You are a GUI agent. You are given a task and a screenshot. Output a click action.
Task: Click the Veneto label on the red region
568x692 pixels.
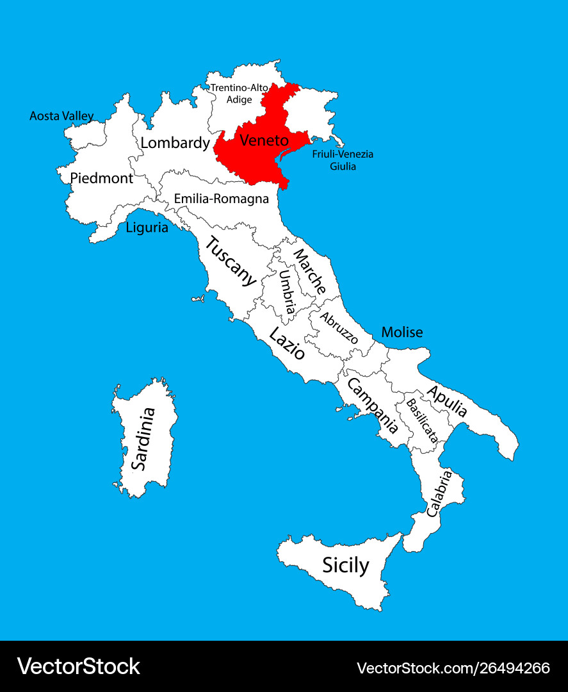[264, 139]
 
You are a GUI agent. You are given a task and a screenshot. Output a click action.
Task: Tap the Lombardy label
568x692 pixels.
[175, 142]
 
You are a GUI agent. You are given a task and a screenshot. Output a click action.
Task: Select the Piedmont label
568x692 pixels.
[101, 178]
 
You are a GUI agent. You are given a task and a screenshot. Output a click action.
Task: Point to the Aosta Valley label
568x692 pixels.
[61, 116]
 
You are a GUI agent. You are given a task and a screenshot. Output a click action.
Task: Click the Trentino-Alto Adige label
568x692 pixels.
[239, 93]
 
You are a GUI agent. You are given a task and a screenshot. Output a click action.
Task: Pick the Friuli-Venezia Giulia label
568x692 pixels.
[343, 160]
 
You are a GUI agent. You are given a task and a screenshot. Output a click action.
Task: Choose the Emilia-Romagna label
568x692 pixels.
[221, 199]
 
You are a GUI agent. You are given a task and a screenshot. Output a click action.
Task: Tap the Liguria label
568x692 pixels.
[147, 227]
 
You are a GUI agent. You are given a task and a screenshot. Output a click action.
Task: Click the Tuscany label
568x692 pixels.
[231, 261]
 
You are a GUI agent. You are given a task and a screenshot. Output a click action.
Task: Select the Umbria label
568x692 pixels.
[286, 292]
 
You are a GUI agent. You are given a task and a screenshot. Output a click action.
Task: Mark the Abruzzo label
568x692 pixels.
[339, 327]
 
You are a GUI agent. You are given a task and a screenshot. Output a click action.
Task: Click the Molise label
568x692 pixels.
[402, 332]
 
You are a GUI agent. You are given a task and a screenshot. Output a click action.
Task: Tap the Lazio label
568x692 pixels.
[286, 343]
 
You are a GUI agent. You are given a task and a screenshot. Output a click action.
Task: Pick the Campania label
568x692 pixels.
[372, 405]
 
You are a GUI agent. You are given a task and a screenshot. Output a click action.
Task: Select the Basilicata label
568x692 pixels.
[422, 421]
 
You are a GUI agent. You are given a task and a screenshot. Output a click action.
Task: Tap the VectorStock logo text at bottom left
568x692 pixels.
[78, 666]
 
